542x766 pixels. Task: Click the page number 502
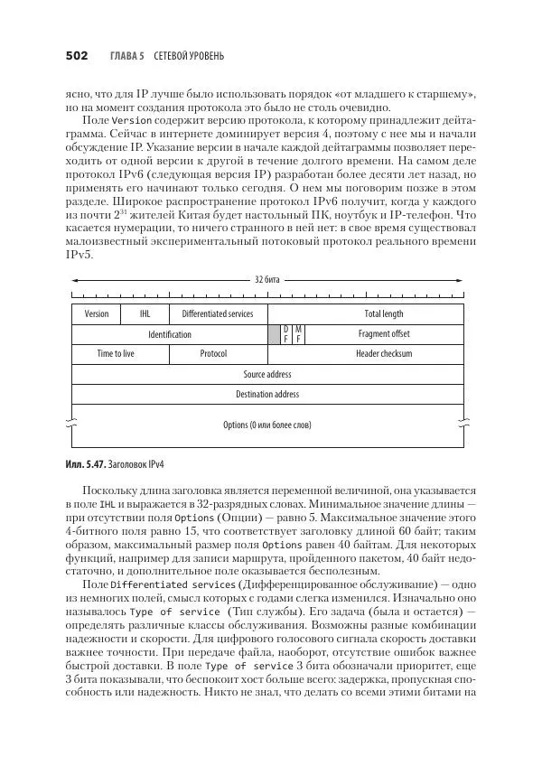[76, 56]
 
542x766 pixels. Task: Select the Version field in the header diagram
[97, 314]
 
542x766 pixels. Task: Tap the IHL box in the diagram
[145, 314]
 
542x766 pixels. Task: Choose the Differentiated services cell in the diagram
[217, 314]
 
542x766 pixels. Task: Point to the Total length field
[384, 314]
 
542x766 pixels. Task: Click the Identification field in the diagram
[170, 334]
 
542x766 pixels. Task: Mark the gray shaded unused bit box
[275, 334]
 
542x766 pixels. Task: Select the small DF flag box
[286, 334]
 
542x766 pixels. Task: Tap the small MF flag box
[299, 334]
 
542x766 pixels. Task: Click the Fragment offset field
[384, 334]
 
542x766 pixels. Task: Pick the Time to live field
[116, 354]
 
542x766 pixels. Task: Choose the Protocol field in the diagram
[213, 354]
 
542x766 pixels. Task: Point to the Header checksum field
[384, 354]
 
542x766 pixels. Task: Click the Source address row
[267, 374]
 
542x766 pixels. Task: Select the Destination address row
[267, 394]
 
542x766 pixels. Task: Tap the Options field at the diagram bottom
[267, 425]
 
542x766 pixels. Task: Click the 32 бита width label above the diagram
[267, 280]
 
